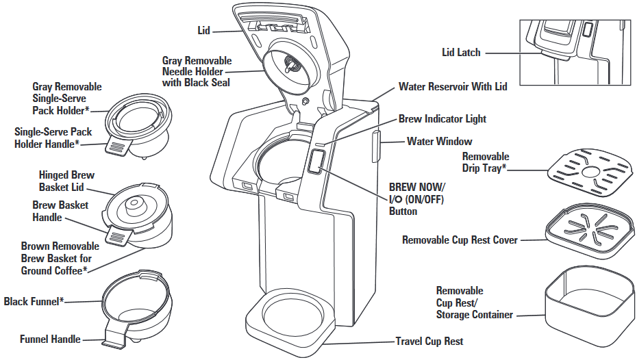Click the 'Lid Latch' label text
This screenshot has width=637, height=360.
(x=462, y=52)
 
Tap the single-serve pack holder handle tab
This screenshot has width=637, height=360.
(x=118, y=146)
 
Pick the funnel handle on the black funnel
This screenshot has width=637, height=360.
(x=116, y=337)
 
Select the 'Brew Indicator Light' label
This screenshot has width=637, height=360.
(x=442, y=119)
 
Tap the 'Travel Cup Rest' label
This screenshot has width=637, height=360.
(x=429, y=341)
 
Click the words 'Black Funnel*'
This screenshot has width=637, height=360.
(x=34, y=301)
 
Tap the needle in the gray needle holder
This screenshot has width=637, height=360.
(x=290, y=66)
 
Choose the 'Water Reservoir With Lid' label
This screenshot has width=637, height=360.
(x=452, y=88)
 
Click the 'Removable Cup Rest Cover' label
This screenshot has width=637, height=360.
(x=460, y=240)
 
